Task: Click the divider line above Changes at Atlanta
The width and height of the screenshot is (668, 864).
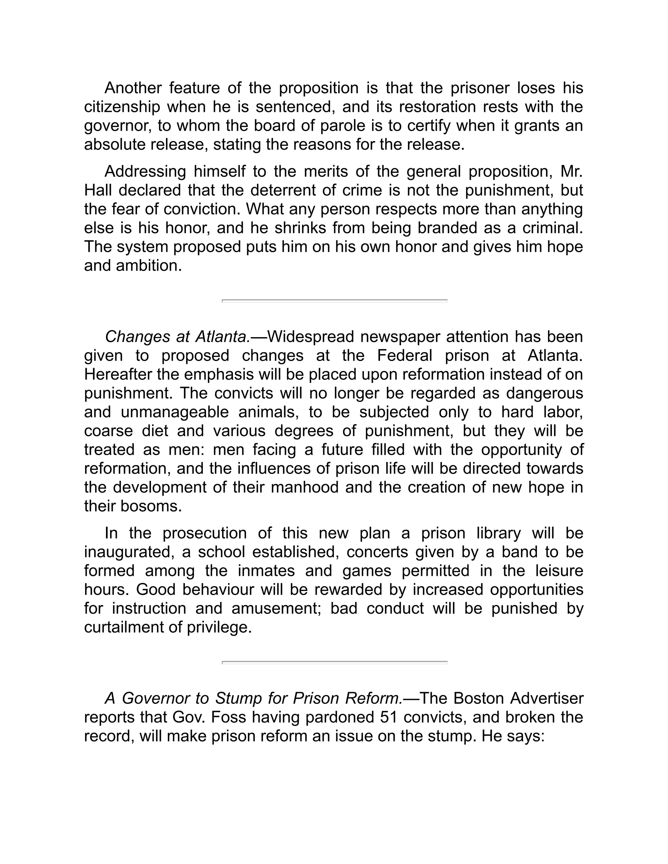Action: click(334, 301)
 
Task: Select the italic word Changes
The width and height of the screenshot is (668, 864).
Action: click(138, 337)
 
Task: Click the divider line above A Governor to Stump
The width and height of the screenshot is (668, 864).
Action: click(334, 662)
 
